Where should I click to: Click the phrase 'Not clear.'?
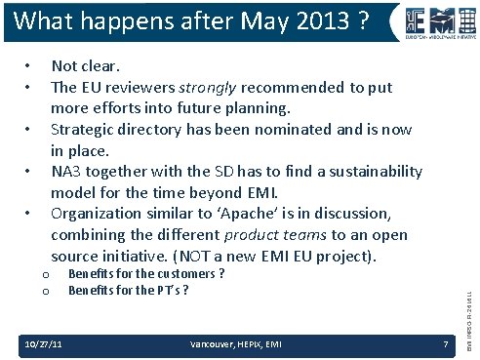pos(86,67)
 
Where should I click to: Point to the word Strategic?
pos(86,130)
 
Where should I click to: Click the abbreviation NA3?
pos(68,172)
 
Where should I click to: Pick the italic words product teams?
pos(269,235)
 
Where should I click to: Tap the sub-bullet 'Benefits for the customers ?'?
pos(146,274)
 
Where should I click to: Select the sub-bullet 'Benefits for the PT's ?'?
pos(128,290)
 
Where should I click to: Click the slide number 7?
pos(444,344)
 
